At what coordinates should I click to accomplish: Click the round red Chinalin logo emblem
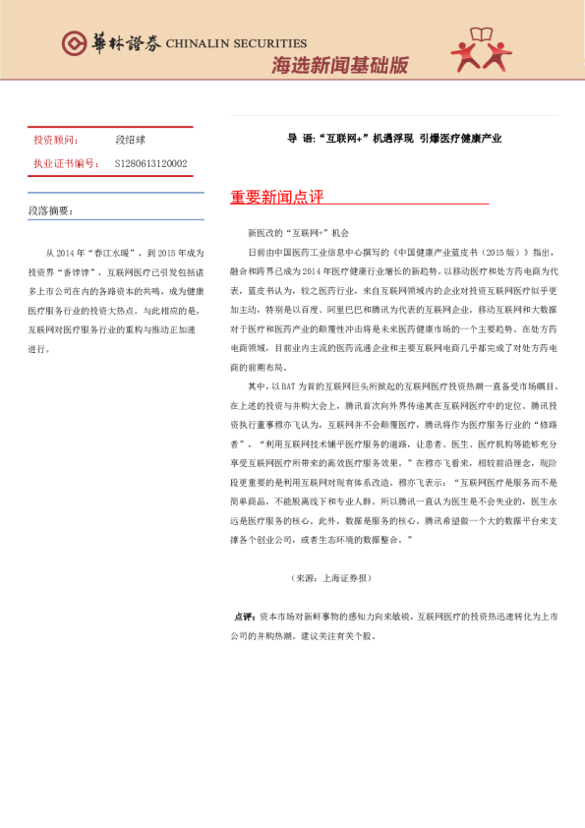(73, 42)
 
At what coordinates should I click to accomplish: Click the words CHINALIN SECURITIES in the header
(236, 43)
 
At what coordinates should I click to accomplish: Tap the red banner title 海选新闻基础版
(339, 65)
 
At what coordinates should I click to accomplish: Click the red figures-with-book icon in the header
(482, 49)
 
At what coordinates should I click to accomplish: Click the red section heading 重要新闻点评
(276, 198)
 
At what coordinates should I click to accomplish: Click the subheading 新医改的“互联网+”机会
(299, 234)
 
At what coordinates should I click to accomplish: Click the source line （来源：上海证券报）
(331, 577)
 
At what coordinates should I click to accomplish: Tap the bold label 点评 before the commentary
(245, 617)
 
